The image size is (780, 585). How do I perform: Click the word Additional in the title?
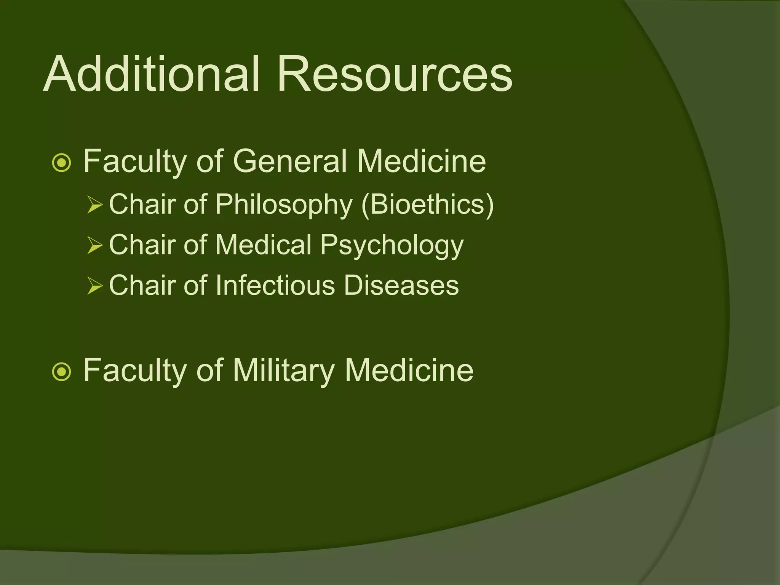(x=152, y=74)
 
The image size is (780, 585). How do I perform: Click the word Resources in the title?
(x=395, y=74)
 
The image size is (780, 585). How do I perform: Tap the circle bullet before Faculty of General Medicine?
(x=61, y=163)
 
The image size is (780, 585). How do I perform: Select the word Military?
(x=283, y=370)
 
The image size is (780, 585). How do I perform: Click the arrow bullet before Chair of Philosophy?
(x=95, y=205)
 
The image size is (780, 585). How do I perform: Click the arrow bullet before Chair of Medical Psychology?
(x=95, y=245)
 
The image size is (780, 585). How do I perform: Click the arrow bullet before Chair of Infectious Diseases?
(x=95, y=286)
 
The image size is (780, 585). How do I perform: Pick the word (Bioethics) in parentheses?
(x=427, y=205)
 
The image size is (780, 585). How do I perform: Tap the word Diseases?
(x=401, y=286)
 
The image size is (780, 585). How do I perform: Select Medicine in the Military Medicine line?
(x=409, y=370)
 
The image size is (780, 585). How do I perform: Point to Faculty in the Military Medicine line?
(x=135, y=371)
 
